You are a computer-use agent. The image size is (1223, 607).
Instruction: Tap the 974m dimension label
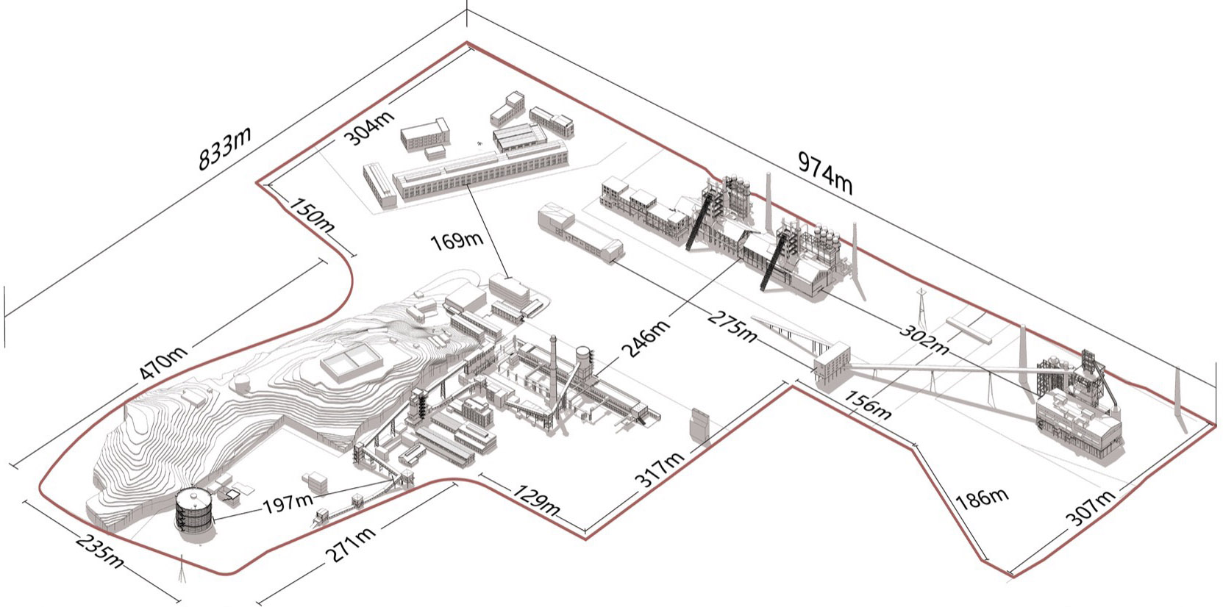point(825,173)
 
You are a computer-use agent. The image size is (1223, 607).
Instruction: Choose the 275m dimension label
point(732,326)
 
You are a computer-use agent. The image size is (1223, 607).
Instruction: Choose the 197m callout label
point(288,503)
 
